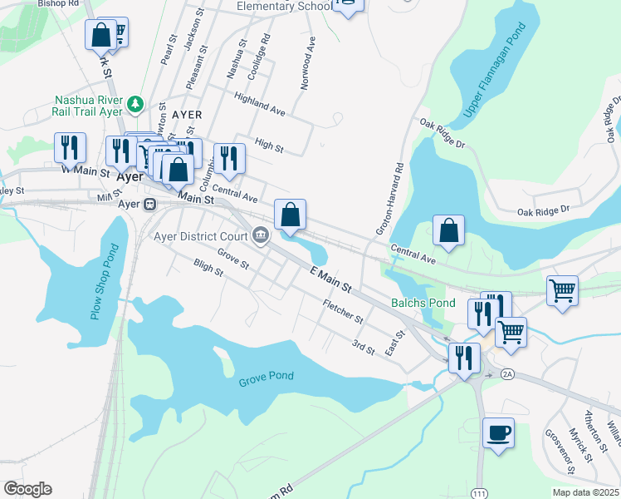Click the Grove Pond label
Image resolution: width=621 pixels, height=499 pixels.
[266, 376]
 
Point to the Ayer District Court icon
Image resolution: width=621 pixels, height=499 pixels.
[261, 235]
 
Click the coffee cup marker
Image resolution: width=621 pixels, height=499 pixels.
[498, 433]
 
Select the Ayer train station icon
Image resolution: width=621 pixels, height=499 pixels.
[150, 204]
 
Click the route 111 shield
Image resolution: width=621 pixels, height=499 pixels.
[479, 493]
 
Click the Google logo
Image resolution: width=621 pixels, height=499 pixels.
[27, 489]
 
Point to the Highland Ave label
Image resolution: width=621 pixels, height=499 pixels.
[259, 104]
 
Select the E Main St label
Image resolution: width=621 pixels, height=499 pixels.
[330, 279]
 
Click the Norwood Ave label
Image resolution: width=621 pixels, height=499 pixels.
[308, 62]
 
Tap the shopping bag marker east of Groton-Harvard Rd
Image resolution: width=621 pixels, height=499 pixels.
[448, 230]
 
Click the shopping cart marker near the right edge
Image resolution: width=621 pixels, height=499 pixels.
[562, 291]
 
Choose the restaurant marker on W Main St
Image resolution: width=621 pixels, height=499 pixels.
[70, 147]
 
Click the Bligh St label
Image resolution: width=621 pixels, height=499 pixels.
[208, 267]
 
